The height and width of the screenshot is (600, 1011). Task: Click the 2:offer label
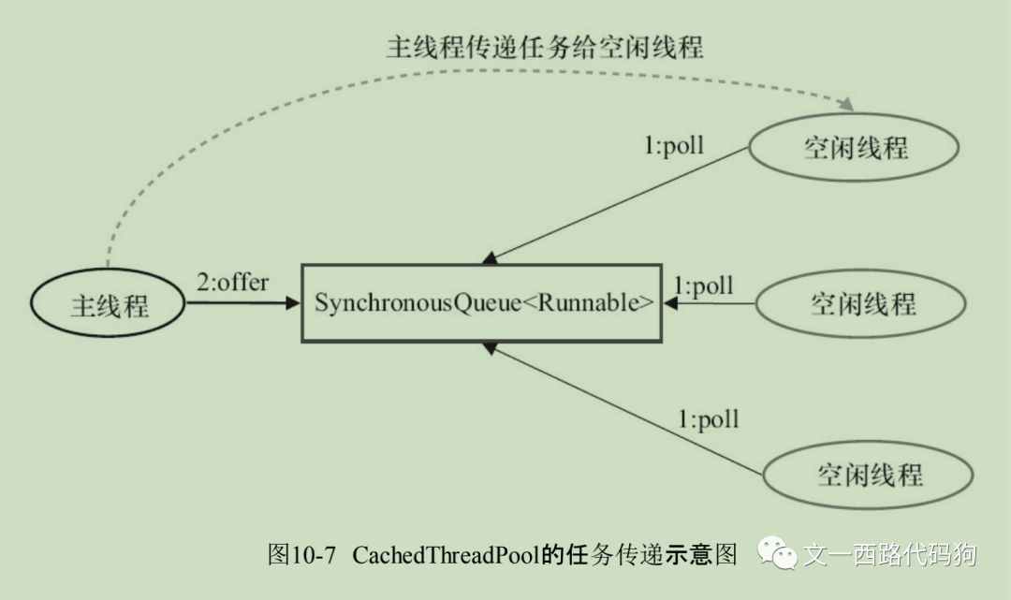(232, 282)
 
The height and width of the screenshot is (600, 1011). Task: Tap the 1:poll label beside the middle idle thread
(703, 285)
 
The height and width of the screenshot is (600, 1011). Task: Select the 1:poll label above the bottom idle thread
(708, 418)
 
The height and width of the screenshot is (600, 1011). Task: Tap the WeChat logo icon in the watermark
(778, 554)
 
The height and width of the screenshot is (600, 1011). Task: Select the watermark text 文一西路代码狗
(889, 554)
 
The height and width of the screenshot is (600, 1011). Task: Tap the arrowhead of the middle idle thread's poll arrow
(670, 303)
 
